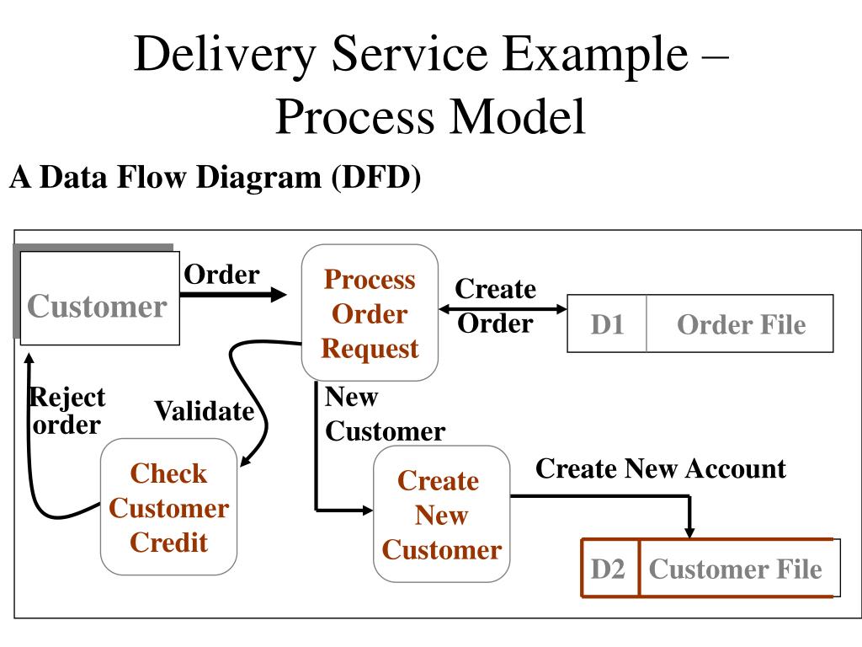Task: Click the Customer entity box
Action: pos(99,298)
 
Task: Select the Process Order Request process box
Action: pos(370,313)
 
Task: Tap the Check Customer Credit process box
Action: pos(168,506)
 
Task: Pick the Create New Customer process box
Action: pos(441,514)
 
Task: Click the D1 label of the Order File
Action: pos(607,324)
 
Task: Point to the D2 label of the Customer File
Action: pos(608,569)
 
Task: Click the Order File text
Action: pos(741,324)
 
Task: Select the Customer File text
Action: pos(736,569)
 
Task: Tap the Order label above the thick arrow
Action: pos(221,274)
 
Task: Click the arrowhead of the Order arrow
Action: pos(278,294)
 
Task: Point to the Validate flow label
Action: pos(205,411)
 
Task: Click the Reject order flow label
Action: pos(67,410)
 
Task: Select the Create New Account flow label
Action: pos(661,468)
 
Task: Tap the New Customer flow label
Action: pos(385,414)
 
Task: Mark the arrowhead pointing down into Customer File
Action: pos(689,532)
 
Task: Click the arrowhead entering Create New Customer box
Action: pos(367,511)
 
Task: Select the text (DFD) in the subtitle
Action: pos(376,177)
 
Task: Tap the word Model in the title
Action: pos(519,116)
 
